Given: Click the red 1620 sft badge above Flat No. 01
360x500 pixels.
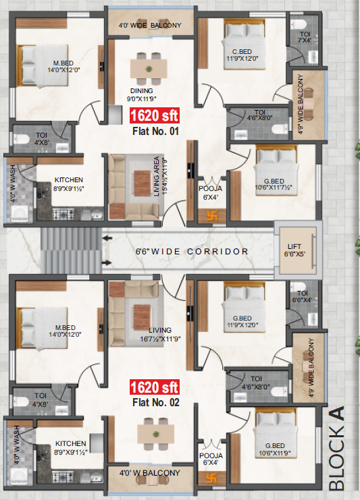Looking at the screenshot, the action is click(x=155, y=115).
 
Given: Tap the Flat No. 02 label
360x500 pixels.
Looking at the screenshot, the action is click(x=156, y=402).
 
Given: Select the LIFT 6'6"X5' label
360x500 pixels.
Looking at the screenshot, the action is click(x=294, y=250).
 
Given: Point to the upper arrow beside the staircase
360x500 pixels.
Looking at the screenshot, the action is click(x=107, y=238).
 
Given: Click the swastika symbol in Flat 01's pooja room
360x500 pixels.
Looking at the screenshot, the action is click(x=212, y=217).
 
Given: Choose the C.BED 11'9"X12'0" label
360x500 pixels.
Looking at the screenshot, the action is click(x=242, y=55).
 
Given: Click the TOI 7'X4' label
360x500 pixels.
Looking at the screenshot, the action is click(x=305, y=37).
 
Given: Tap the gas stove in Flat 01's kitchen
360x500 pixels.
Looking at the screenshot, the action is click(x=63, y=215).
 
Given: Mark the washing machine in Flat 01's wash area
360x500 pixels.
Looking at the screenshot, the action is click(x=20, y=214).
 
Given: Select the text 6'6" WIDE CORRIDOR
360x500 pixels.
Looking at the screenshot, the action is click(x=192, y=251).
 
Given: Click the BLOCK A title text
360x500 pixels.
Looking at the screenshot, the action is click(x=337, y=448).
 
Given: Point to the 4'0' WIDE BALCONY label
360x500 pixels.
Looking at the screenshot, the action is click(x=150, y=25).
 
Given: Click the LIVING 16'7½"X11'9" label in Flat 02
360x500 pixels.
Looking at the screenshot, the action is click(x=160, y=335).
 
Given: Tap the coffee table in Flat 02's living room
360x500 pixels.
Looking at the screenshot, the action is click(x=142, y=317).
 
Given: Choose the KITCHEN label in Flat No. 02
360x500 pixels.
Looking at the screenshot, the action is click(x=70, y=443).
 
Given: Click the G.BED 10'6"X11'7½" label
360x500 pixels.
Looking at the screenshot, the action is click(x=274, y=185).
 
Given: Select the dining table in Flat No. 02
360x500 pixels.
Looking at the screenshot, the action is click(x=156, y=434).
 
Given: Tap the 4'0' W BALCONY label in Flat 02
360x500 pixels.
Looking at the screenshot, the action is click(x=150, y=473).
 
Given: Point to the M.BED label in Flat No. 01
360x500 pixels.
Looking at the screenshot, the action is click(x=63, y=63).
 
